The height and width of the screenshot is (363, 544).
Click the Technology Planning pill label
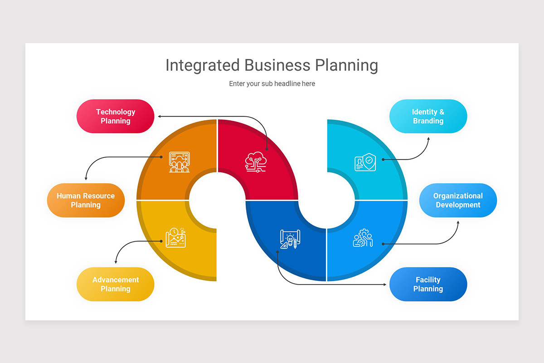[x=115, y=116]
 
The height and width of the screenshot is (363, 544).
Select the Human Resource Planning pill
[x=86, y=200]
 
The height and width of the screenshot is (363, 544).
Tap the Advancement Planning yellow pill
[x=115, y=284]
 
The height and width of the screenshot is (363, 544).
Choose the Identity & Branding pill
[x=428, y=116]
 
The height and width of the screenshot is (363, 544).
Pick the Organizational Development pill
[x=458, y=200]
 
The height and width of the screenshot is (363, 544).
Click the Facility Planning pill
[x=428, y=284]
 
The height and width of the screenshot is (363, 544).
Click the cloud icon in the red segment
[x=256, y=161]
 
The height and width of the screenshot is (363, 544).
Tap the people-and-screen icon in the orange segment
[x=179, y=162]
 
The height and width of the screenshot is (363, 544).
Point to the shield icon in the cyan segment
[x=365, y=162]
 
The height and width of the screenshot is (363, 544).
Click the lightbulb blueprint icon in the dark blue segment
[x=290, y=239]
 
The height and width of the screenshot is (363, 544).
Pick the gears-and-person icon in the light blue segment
[x=363, y=238]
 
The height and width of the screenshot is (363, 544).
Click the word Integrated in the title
[x=202, y=65]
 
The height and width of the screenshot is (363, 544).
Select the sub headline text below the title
[x=272, y=83]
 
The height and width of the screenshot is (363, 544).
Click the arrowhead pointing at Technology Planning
[x=160, y=117]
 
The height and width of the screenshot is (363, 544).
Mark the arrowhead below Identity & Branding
[x=428, y=138]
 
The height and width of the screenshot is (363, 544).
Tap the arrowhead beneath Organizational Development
[x=458, y=222]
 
